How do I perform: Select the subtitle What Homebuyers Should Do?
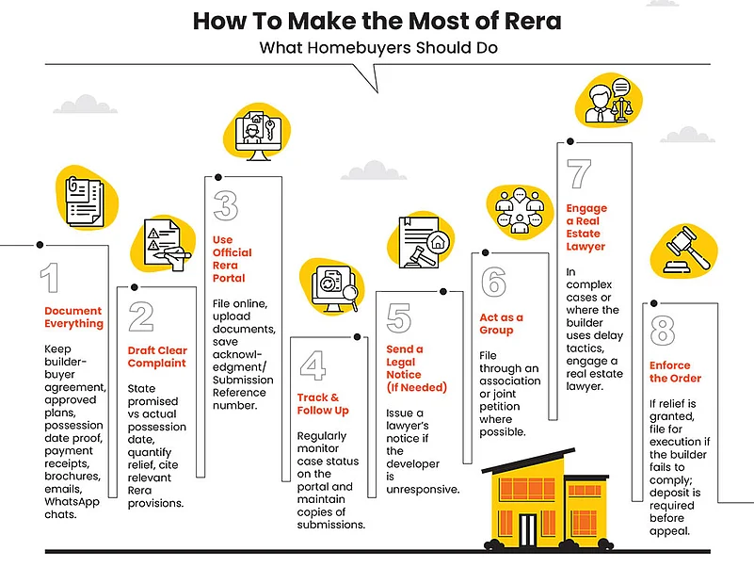378,47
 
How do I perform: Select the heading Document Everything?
73,317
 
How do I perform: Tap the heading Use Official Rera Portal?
233,259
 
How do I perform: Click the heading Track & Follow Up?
323,404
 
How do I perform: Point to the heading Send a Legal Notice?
416,368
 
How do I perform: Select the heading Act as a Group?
501,324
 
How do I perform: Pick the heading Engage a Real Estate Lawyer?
586,227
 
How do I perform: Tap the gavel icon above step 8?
680,251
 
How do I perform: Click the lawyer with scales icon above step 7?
606,103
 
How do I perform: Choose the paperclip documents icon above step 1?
81,193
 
